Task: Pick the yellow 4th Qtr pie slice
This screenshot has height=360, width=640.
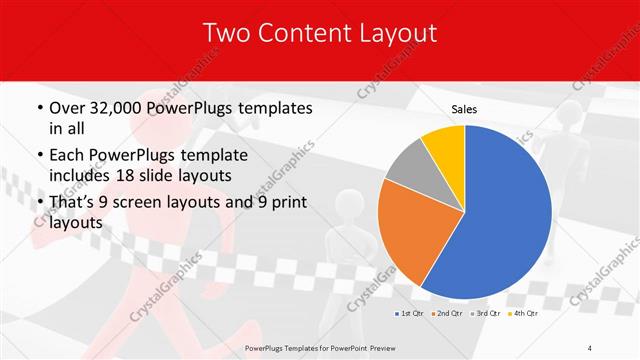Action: coord(443,144)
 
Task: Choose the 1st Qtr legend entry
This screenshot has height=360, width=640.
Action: coord(411,314)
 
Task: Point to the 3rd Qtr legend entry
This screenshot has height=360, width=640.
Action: coord(486,314)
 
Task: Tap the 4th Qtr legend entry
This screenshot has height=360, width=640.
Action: coord(523,314)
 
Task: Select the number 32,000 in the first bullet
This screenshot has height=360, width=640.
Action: coord(121,108)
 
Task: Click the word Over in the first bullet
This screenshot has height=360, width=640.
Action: coord(68,108)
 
